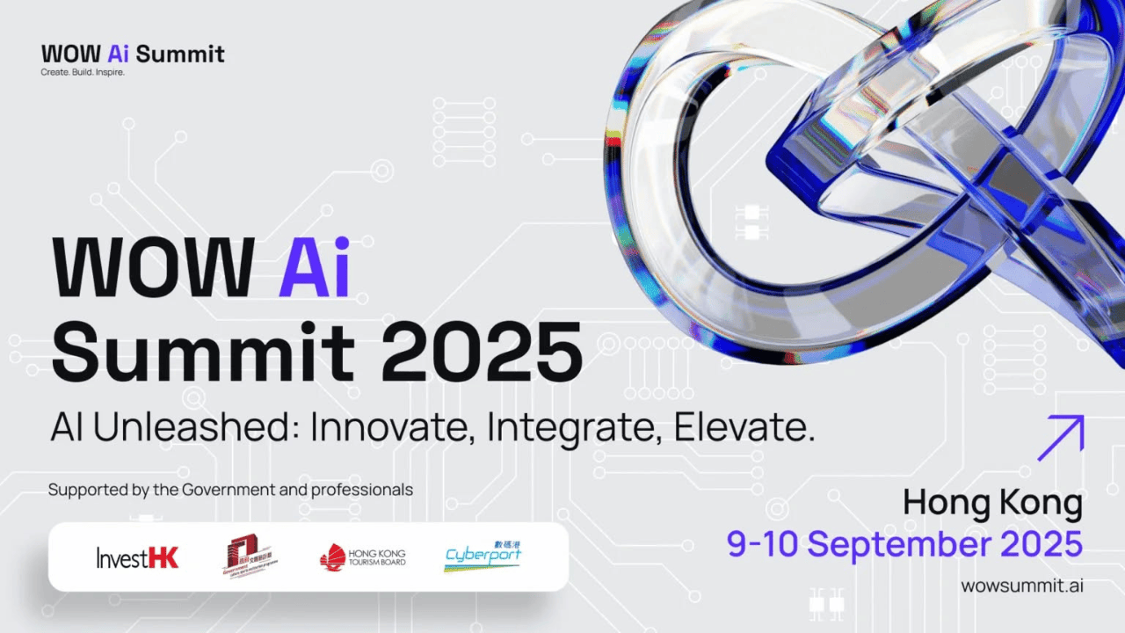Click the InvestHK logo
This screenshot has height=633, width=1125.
[x=137, y=557]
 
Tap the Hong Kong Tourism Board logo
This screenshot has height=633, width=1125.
[x=363, y=557]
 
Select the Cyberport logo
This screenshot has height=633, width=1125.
[x=483, y=556]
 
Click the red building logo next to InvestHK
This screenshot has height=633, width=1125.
[x=250, y=557]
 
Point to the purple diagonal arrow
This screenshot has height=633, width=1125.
[x=1060, y=438]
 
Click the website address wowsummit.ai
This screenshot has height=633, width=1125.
[x=1021, y=586]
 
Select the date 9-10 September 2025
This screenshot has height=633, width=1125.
[x=904, y=544]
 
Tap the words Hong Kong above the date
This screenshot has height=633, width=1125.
[x=993, y=504]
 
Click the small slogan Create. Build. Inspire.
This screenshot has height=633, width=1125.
[x=83, y=72]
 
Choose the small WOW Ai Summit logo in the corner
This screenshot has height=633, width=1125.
[x=133, y=54]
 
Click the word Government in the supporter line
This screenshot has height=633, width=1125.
[x=228, y=490]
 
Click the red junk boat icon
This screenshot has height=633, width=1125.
[x=332, y=557]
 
